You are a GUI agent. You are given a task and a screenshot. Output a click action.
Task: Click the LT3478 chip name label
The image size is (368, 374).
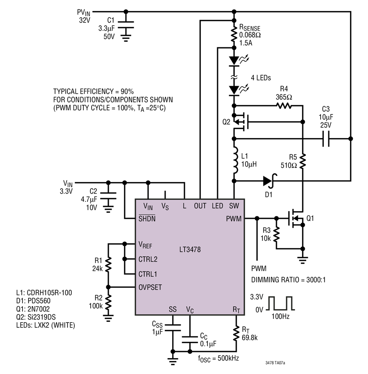tap(190, 249)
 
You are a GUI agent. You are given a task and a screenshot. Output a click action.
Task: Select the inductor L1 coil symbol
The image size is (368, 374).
tap(235, 160)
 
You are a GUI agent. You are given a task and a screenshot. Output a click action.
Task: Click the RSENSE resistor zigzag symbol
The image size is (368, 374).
tap(234, 35)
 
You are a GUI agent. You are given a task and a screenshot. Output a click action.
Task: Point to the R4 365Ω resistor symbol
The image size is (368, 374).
tap(284, 105)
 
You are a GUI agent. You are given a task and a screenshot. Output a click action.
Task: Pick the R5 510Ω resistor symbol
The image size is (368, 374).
tap(303, 161)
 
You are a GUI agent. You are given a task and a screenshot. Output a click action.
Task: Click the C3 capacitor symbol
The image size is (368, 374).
tap(326, 138)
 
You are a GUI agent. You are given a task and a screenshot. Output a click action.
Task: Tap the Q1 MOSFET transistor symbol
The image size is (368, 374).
tap(295, 218)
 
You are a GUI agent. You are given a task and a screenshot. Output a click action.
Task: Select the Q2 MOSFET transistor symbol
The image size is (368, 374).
tap(241, 122)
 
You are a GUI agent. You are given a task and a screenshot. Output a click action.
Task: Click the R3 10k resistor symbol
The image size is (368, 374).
tap(276, 234)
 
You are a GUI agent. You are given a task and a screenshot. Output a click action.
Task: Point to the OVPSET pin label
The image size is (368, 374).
tap(150, 287)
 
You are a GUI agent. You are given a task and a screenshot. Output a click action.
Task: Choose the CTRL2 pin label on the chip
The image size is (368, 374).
tap(148, 259)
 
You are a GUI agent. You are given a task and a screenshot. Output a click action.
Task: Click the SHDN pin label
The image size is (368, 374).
tap(147, 218)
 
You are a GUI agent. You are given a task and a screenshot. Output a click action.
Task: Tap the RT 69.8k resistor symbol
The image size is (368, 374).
tap(236, 334)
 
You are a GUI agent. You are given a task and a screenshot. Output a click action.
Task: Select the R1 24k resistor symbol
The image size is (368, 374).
tap(108, 264)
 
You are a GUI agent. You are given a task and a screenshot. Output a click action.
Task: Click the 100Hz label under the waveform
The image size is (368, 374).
tap(280, 316)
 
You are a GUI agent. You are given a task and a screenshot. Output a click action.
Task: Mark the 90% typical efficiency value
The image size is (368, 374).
tap(127, 91)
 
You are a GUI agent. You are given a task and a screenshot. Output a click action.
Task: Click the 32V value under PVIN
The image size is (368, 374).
tap(85, 20)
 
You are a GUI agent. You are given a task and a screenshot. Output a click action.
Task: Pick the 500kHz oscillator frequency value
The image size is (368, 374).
tap(228, 358)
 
